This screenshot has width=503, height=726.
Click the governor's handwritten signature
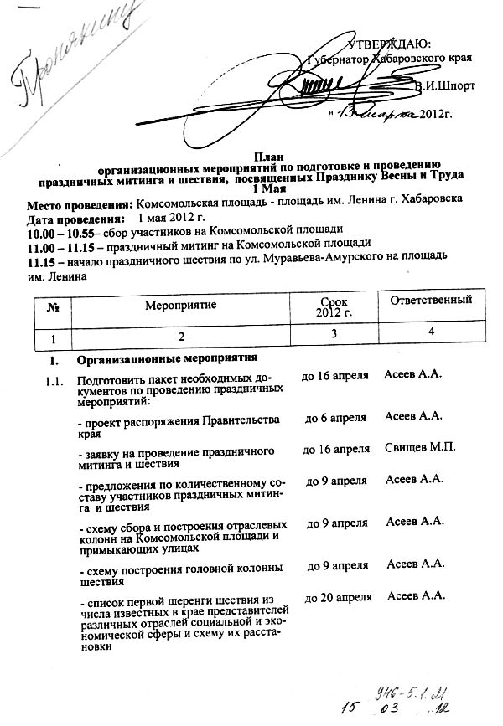(335, 88)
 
